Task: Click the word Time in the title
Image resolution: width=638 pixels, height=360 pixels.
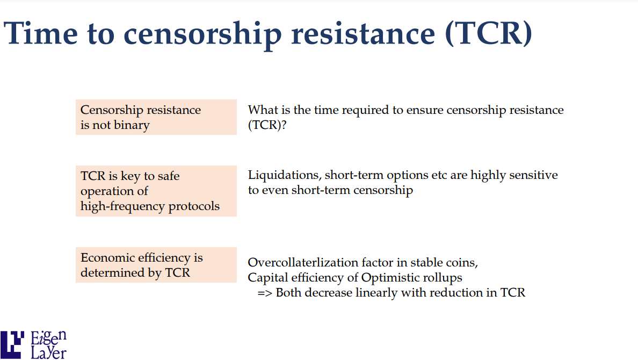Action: click(x=40, y=33)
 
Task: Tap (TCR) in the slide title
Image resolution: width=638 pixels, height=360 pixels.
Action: click(x=489, y=33)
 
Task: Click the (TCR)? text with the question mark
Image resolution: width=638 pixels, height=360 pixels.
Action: click(x=267, y=125)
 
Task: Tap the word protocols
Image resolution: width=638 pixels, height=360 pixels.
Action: click(x=194, y=206)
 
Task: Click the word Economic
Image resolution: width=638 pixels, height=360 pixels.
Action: click(x=107, y=257)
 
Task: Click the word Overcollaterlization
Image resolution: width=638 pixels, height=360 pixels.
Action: click(x=305, y=262)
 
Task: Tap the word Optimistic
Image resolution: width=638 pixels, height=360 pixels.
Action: click(x=385, y=278)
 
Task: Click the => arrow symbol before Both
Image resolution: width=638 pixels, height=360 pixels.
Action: click(x=264, y=293)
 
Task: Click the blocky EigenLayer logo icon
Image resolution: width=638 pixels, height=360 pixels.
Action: click(x=12, y=345)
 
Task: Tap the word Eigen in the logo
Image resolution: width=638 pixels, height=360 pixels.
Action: click(x=48, y=338)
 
